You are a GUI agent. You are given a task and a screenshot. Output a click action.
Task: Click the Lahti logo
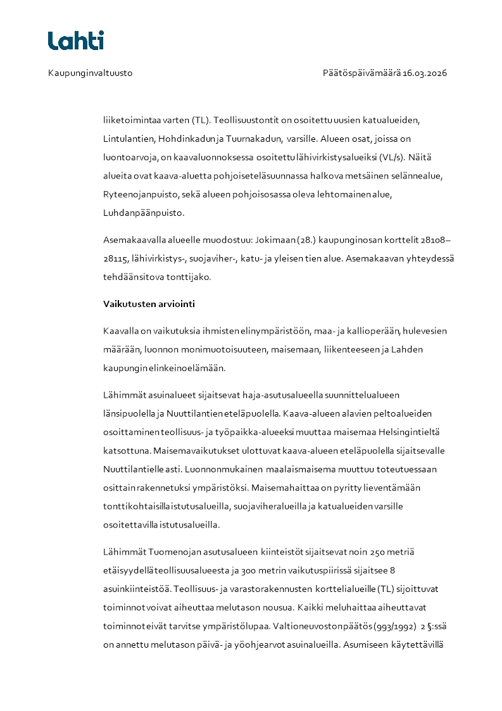point(76,41)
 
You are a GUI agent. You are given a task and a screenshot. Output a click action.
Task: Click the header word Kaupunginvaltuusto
point(91,73)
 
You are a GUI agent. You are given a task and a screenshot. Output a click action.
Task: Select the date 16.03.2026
point(425,73)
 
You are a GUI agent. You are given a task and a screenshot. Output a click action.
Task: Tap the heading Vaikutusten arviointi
point(149,304)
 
